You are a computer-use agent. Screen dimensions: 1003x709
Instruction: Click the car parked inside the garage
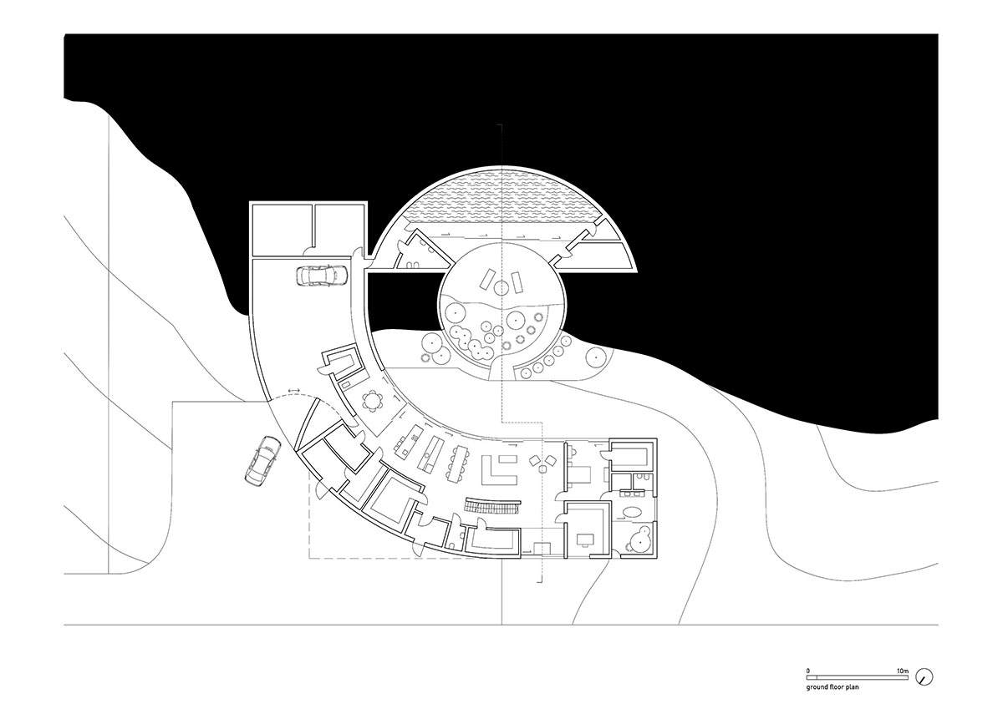(x=321, y=276)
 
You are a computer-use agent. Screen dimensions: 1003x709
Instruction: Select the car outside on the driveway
(x=263, y=459)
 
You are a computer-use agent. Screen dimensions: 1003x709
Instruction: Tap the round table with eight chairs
(x=372, y=400)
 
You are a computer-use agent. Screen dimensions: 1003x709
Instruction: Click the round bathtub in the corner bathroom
(x=639, y=542)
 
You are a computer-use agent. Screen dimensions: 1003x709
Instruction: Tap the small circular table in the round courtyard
(x=501, y=287)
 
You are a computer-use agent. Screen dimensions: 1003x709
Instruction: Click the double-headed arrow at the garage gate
(x=293, y=391)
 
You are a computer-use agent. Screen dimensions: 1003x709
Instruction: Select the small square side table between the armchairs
(x=542, y=469)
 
